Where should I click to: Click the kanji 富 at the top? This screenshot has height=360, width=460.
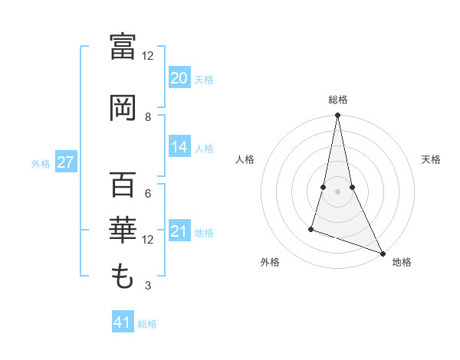(123, 47)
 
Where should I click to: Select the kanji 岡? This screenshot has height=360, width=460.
(123, 108)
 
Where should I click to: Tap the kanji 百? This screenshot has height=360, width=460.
(123, 186)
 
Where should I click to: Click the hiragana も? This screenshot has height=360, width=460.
(123, 274)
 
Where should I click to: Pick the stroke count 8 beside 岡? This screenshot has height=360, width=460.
(148, 117)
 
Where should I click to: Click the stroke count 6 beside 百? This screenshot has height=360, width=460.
(148, 194)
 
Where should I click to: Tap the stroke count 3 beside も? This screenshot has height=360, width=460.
(148, 286)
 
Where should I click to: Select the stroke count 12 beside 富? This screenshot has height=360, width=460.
(148, 56)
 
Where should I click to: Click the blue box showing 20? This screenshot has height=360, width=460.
(179, 78)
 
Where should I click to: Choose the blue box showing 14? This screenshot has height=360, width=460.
(179, 148)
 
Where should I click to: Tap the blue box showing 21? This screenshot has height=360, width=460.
(179, 232)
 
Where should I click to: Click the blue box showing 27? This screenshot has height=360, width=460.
(65, 162)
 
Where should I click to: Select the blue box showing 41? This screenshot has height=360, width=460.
(123, 322)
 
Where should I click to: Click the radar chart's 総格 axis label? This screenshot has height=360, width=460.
(338, 100)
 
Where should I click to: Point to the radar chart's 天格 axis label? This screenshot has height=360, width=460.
(432, 159)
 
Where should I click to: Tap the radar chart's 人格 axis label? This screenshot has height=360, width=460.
(245, 159)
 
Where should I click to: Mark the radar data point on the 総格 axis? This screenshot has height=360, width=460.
(337, 116)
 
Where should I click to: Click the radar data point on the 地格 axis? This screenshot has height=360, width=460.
(382, 254)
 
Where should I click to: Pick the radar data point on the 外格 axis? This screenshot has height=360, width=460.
(311, 228)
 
